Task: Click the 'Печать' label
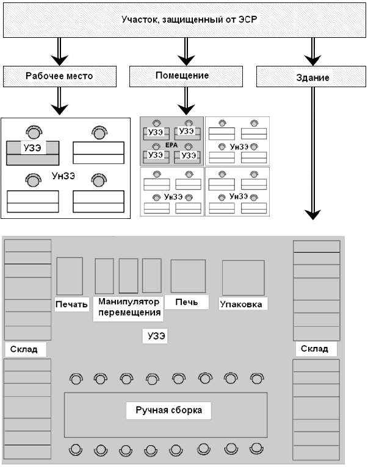[x=71, y=304]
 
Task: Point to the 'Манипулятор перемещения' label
[x=129, y=308]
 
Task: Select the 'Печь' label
[x=187, y=302]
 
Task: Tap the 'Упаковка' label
[x=244, y=303]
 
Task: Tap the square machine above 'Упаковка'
[x=243, y=277]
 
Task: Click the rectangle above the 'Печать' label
[x=70, y=276]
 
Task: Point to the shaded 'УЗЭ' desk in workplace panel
[x=32, y=152]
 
